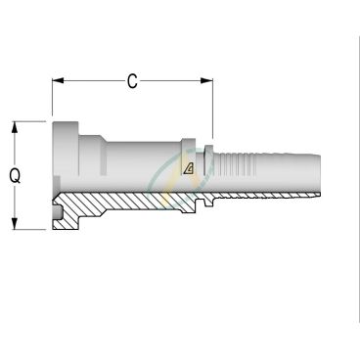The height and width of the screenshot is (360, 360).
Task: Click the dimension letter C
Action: pos(132,81)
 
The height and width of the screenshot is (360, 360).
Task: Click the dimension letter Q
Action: pos(15,176)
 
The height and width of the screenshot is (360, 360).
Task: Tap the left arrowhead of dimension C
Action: pos(58,81)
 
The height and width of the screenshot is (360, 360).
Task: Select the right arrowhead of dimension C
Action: pos(206,81)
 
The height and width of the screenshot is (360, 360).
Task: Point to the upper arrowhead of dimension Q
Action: pos(14,127)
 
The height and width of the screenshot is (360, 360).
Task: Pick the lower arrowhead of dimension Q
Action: pos(14,223)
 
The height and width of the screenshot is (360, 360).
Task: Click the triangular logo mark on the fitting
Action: pos(189,168)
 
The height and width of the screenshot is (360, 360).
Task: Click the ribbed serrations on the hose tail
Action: pos(237,163)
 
